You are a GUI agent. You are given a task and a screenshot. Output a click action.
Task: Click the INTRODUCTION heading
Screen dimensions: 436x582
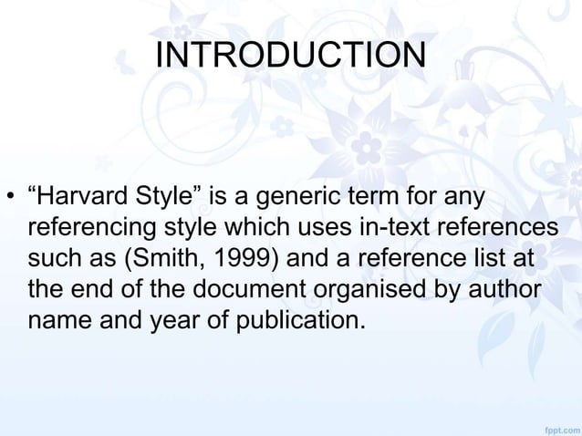click(290, 55)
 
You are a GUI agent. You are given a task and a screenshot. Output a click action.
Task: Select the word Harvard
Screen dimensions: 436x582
click(87, 197)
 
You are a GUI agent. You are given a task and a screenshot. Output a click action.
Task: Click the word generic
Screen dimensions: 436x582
click(286, 197)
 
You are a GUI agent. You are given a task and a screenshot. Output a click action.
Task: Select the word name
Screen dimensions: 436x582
click(62, 321)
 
